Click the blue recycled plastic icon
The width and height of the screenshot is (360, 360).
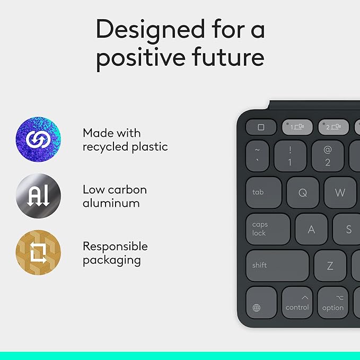pos(38,140)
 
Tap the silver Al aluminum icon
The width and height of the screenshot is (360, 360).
pos(38,196)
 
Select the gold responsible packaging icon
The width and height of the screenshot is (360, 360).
pos(38,252)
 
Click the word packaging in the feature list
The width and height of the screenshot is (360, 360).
pos(111,260)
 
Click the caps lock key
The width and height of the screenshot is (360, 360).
pos(268,229)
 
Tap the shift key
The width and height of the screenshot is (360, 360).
pos(277,265)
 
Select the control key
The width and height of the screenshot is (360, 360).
pos(297,302)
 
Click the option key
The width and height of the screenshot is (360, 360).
pos(333,302)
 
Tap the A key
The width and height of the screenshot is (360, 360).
pos(311,229)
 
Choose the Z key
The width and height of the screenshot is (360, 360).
pos(330,265)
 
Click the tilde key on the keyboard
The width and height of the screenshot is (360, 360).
pos(257,156)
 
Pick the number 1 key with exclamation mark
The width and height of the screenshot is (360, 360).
pos(290,156)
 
